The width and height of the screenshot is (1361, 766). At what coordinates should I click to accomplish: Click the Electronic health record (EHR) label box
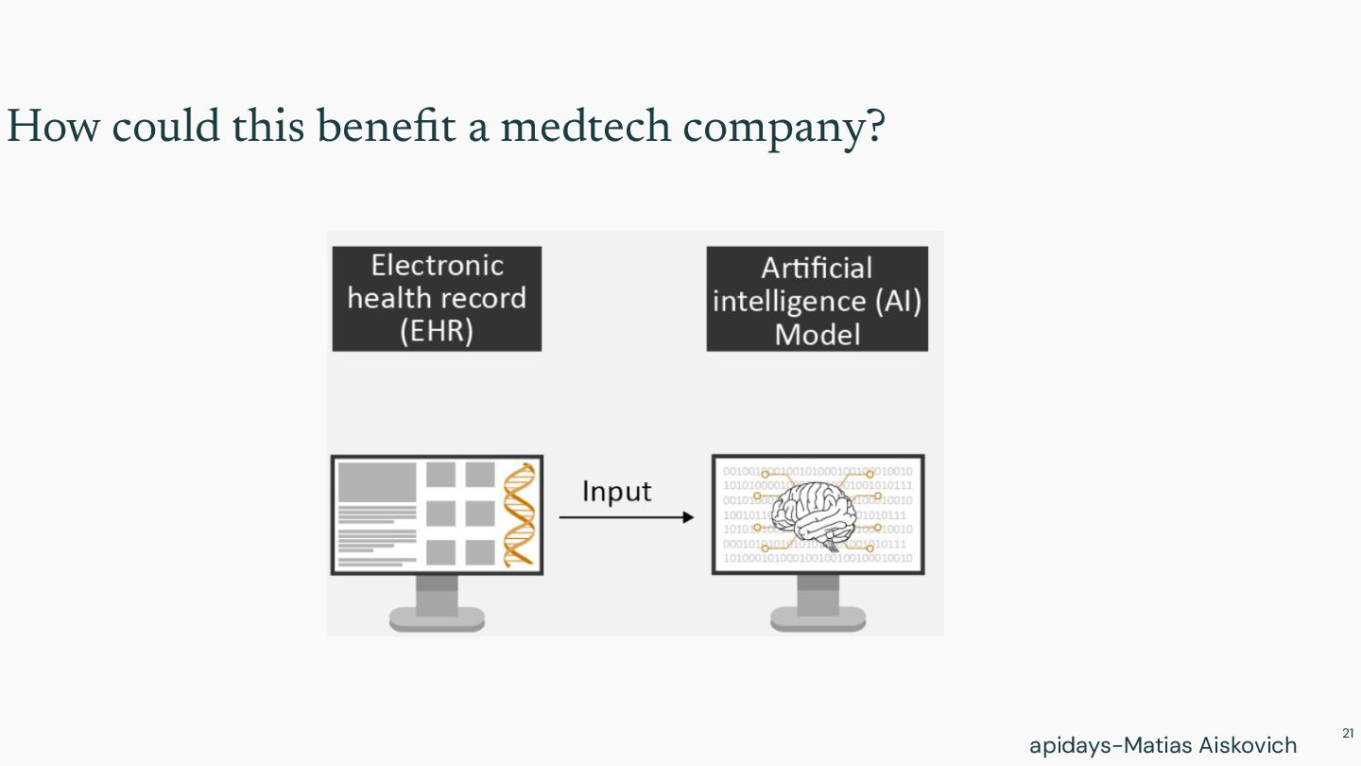pos(437,299)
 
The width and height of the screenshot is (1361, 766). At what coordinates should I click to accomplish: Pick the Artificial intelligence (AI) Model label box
pos(817,300)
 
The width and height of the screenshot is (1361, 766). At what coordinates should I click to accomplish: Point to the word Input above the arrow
pos(616,492)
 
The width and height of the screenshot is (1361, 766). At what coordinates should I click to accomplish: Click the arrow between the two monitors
pos(626,517)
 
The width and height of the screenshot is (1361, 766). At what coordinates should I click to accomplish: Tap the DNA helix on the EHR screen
pos(518,515)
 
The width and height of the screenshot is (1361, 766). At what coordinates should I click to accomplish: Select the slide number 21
pos(1347,733)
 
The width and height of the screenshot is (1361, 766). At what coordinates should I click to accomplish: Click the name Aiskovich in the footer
pos(1248,745)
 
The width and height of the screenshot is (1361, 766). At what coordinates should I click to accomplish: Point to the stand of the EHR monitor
pos(437,605)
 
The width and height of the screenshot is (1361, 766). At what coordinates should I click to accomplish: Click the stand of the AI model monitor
pos(818,605)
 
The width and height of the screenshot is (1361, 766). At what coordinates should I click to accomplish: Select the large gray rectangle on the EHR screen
pos(377,481)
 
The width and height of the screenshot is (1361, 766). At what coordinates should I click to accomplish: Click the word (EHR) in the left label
pos(436,332)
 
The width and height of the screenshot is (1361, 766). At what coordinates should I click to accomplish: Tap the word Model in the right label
pos(817,335)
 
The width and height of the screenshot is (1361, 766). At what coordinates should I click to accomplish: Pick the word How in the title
pos(52,126)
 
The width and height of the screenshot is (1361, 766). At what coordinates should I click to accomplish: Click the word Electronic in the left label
pos(437,265)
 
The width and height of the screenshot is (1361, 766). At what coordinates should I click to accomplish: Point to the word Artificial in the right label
pos(817,268)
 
